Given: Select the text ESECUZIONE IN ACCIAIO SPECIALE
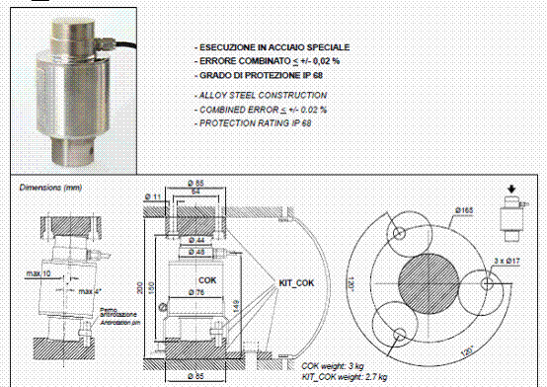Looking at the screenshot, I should [273, 47].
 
